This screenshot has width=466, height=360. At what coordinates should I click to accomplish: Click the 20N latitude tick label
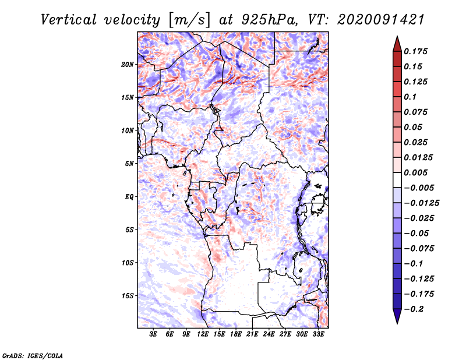tap(128, 65)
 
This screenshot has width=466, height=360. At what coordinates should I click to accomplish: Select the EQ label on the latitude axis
tap(129, 197)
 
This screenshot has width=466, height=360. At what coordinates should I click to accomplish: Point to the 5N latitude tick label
tap(129, 164)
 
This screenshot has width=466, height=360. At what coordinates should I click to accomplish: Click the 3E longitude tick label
tap(153, 334)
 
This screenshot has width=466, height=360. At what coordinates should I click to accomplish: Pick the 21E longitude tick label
tap(252, 334)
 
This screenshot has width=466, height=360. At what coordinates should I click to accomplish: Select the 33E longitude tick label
tap(318, 334)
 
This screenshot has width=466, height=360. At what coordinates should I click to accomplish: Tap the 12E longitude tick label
tap(202, 334)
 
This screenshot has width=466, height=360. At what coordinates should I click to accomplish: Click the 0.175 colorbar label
tap(415, 51)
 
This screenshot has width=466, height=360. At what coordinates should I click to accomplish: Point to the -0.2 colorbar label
tap(414, 309)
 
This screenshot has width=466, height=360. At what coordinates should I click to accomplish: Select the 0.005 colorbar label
tap(415, 172)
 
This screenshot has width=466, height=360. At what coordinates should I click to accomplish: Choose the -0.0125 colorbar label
tap(421, 203)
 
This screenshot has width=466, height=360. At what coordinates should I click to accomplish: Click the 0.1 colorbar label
tap(410, 97)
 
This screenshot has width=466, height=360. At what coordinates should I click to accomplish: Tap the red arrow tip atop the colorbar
tap(397, 36)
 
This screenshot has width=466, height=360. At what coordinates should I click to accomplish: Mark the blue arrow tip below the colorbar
tap(397, 323)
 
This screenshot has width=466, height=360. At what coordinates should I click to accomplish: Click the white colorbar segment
tap(397, 180)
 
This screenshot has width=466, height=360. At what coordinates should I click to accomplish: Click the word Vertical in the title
tap(69, 20)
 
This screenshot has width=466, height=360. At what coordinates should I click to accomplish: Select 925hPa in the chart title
tap(269, 20)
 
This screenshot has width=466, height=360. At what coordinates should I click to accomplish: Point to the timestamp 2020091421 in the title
tap(380, 20)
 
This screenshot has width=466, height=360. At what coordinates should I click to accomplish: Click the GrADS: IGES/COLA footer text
tap(33, 355)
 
